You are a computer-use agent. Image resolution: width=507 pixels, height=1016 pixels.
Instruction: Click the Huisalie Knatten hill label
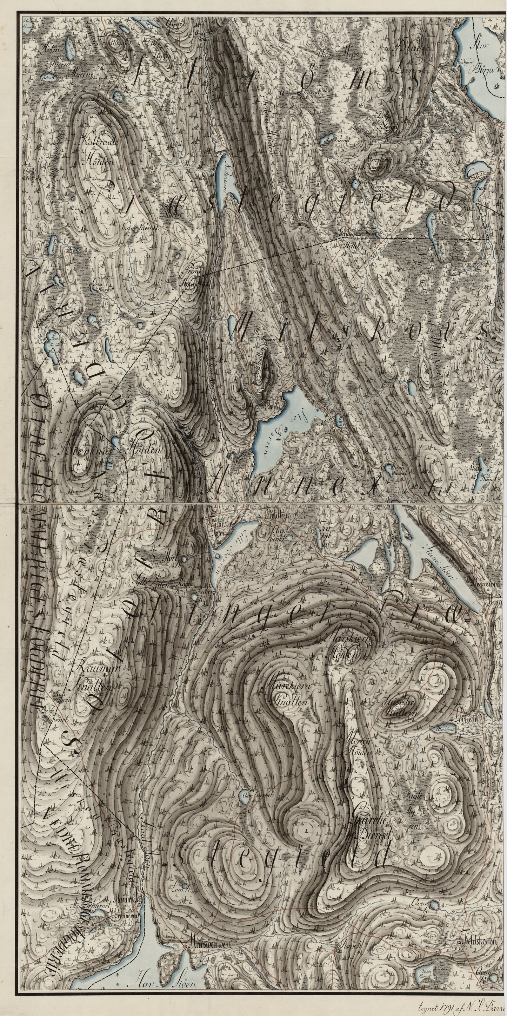click(399, 707)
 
